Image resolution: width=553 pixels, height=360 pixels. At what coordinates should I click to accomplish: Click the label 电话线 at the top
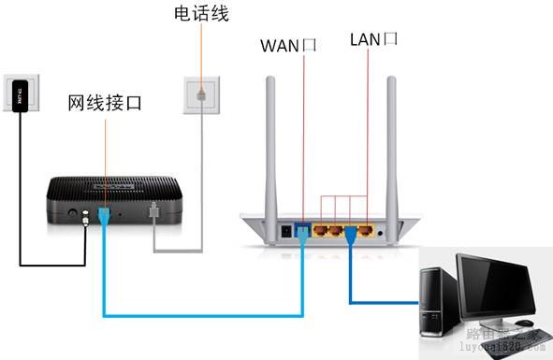(201, 14)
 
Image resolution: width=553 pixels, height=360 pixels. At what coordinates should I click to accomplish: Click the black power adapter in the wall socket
(22, 93)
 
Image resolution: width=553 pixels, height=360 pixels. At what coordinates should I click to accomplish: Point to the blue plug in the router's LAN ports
(351, 230)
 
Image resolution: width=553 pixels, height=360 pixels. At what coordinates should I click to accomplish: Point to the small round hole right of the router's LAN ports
(383, 228)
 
